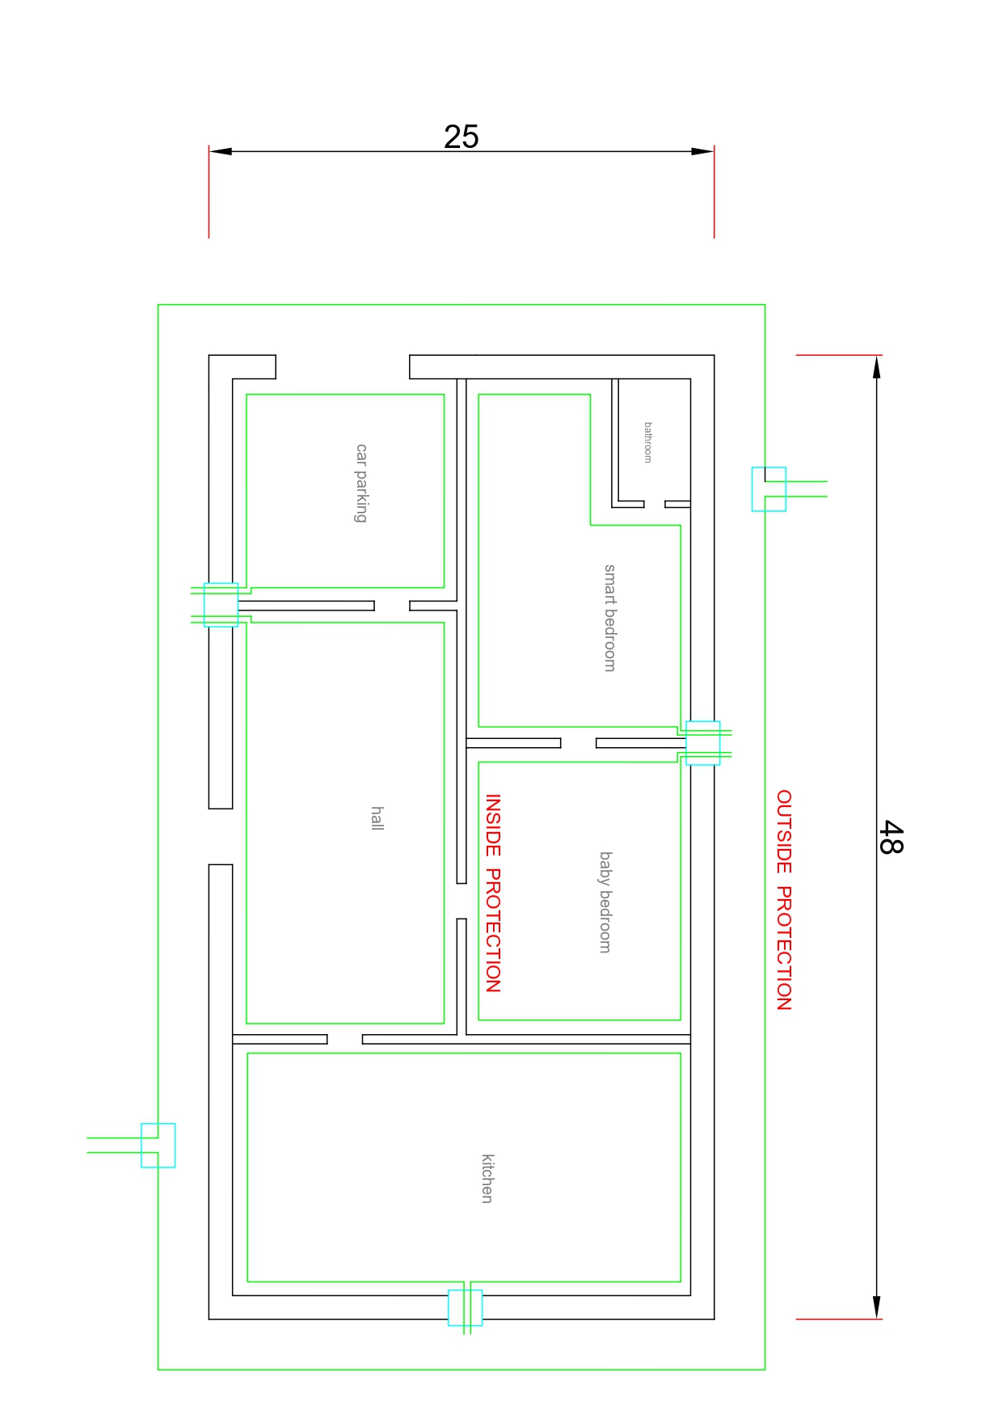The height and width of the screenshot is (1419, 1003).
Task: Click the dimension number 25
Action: click(461, 137)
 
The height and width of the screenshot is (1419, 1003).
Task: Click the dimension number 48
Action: click(891, 837)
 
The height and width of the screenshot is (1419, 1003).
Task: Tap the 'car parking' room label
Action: click(361, 483)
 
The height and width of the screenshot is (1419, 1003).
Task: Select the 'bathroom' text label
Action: click(647, 442)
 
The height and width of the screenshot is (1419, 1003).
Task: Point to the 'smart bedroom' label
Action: click(610, 618)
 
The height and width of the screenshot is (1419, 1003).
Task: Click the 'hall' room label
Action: click(377, 817)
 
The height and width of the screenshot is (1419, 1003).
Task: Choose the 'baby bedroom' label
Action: click(605, 902)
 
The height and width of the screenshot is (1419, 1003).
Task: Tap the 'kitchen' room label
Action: click(487, 1178)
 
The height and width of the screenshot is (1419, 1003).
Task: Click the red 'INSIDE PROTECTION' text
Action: click(493, 893)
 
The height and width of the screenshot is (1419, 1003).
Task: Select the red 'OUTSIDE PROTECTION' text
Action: click(784, 900)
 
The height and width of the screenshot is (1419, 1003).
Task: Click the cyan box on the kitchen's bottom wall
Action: click(465, 1307)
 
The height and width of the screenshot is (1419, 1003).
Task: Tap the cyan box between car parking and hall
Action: click(221, 605)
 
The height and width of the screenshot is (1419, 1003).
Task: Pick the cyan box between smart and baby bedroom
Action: click(702, 743)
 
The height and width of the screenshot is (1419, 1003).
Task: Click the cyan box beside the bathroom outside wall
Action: click(769, 489)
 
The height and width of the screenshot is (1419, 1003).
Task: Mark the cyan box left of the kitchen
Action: click(158, 1145)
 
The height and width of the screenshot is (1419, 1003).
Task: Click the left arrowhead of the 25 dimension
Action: click(220, 151)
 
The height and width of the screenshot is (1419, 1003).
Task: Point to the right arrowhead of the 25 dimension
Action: click(703, 151)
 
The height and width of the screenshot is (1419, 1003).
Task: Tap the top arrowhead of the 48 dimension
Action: click(877, 366)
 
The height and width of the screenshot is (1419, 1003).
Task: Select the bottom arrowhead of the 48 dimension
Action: click(877, 1307)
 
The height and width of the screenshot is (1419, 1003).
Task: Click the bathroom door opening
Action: click(655, 505)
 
